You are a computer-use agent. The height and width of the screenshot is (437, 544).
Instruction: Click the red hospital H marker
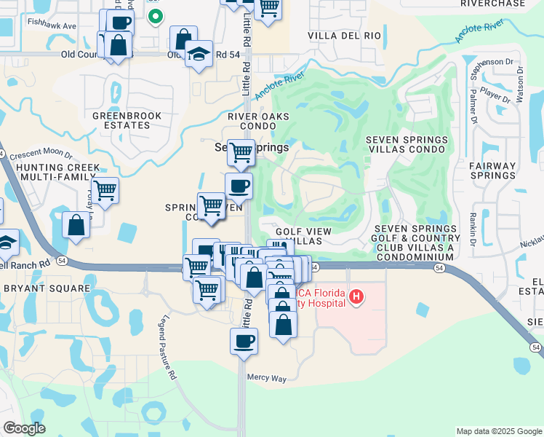pos(356,296)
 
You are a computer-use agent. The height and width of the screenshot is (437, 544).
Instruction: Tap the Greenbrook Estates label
pos(121,120)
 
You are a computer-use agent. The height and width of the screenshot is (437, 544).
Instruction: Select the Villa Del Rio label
pos(344,36)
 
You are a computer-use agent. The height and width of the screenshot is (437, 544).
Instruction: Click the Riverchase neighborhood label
pos(492,4)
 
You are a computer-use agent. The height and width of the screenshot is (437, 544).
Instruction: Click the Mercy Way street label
pos(268,378)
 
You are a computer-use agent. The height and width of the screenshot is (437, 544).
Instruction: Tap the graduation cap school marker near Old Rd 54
pos(198,54)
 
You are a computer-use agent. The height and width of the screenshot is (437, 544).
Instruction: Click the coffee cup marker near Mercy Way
pos(244,340)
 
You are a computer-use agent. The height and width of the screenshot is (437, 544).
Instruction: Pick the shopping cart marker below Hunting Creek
pos(105,191)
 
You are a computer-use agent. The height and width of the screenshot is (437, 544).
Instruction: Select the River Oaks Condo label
pos(258,120)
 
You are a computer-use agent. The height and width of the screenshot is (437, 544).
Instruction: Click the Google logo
pos(24,428)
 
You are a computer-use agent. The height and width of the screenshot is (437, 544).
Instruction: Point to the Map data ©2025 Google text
pos(498,431)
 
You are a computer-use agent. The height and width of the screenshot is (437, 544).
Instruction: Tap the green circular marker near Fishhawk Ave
pos(154,15)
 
